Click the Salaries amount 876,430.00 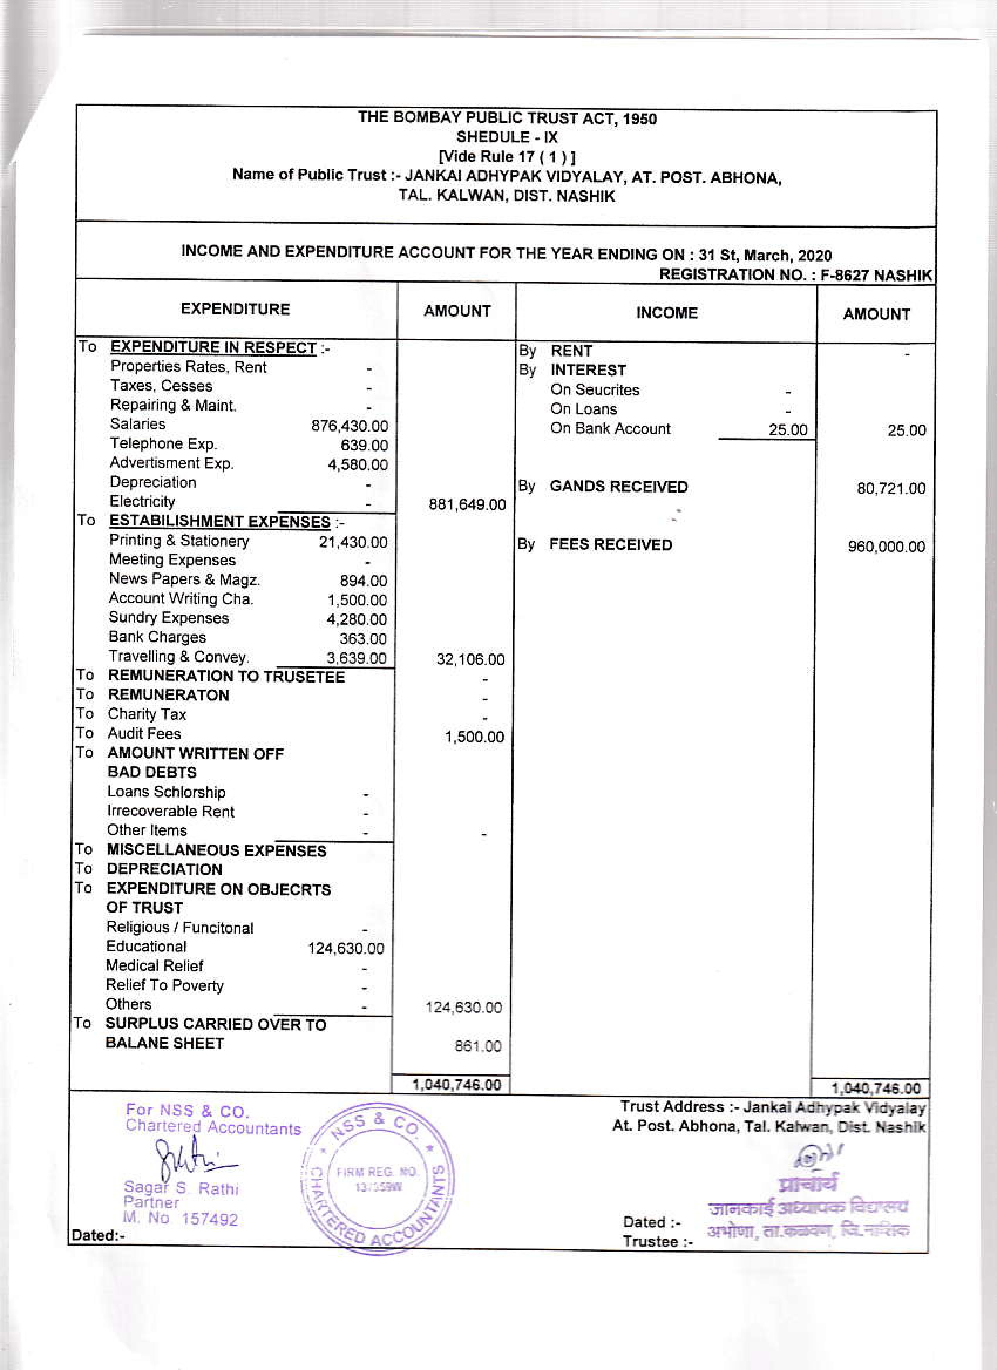coord(350,426)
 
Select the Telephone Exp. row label coord(163,444)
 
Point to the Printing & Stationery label coord(179,541)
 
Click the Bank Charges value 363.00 coord(363,638)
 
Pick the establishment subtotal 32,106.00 coord(470,659)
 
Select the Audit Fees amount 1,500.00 coord(474,737)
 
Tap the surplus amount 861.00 coord(478,1046)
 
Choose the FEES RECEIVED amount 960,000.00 coord(886,547)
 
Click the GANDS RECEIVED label coord(619,487)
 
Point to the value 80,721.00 coord(891,488)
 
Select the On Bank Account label coord(610,429)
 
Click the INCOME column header coord(667,313)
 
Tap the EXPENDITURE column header coord(235,309)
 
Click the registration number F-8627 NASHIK coord(876,276)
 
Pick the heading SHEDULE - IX coord(507,137)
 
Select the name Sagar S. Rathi coord(181,1189)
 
